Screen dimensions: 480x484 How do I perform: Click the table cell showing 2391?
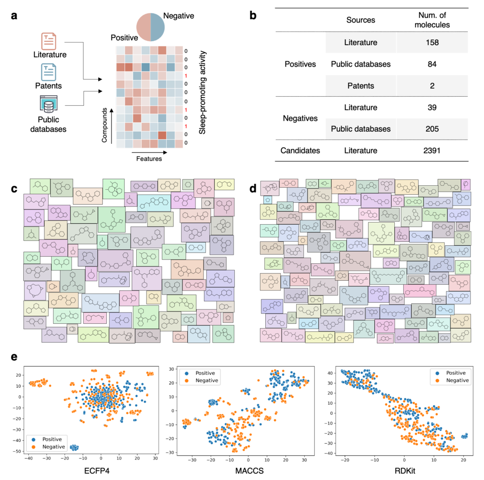click(x=432, y=151)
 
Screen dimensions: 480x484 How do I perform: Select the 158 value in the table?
click(x=432, y=43)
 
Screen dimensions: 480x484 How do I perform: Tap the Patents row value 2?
click(x=432, y=86)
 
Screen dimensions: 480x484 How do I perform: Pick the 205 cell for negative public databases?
click(x=432, y=129)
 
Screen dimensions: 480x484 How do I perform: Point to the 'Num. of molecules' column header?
click(x=432, y=20)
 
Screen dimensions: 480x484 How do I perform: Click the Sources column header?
click(x=361, y=20)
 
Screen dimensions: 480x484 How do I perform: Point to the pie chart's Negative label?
click(x=178, y=16)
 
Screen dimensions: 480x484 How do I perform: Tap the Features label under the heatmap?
click(x=147, y=158)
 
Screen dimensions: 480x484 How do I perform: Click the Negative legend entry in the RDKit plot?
click(x=454, y=381)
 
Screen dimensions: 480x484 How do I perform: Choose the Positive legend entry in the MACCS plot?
click(x=203, y=373)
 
